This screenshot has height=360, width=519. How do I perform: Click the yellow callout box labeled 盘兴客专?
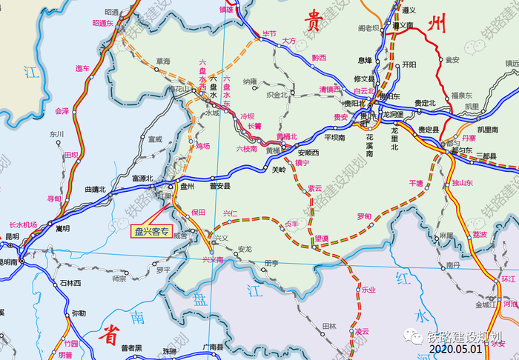pos(151,231)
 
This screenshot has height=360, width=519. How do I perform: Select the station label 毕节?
pos(269,34)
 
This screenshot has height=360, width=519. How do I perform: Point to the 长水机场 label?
pos(22,224)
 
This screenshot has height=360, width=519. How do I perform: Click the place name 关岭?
pos(279,170)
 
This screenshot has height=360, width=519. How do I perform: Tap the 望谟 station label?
pos(321,238)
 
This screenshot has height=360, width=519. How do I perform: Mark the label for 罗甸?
pos(364,216)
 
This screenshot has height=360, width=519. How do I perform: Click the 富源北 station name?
pos(142,178)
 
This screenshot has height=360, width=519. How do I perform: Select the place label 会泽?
pos(62,110)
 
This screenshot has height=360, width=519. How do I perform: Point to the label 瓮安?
pos(452,59)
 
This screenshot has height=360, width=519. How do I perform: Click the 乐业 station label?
pos(368,290)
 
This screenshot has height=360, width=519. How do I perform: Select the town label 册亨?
pos(271,262)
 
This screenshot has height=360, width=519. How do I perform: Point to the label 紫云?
pos(315,188)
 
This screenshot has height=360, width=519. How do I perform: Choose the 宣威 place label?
pos(154,139)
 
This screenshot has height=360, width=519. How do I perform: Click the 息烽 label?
pos(365,60)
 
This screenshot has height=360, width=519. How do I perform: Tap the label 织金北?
pos(277,95)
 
